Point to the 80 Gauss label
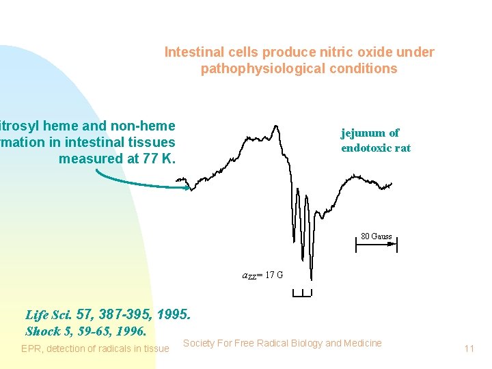[x=377, y=236]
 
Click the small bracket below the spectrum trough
[x=301, y=292]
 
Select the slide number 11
[x=469, y=348]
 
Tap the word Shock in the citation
[x=43, y=331]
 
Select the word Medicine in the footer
[x=363, y=343]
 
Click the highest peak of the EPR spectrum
[x=275, y=126]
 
